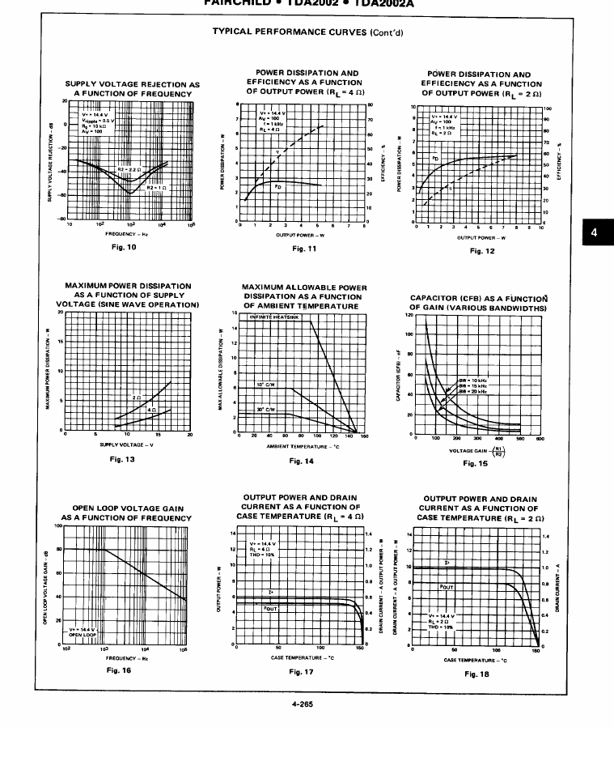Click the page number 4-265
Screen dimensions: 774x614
click(x=301, y=704)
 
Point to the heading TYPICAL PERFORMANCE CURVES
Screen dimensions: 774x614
click(x=307, y=32)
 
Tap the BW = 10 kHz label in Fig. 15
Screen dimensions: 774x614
click(x=474, y=379)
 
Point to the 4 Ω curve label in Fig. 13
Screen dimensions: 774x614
click(x=151, y=410)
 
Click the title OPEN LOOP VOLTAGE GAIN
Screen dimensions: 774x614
click(x=128, y=508)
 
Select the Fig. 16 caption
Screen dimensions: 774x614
click(x=119, y=670)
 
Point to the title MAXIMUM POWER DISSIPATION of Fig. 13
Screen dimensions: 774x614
click(x=128, y=286)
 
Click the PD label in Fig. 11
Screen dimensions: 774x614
click(x=277, y=186)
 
